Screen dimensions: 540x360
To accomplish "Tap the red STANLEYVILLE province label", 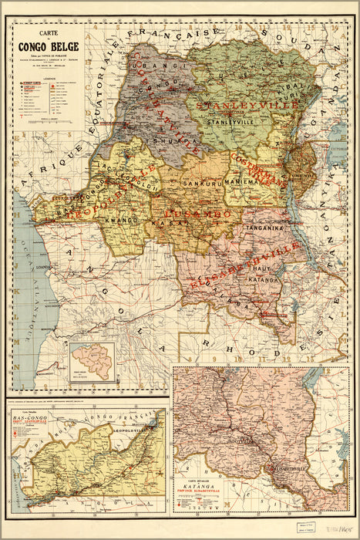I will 237,105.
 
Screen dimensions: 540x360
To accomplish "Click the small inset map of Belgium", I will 92,362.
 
